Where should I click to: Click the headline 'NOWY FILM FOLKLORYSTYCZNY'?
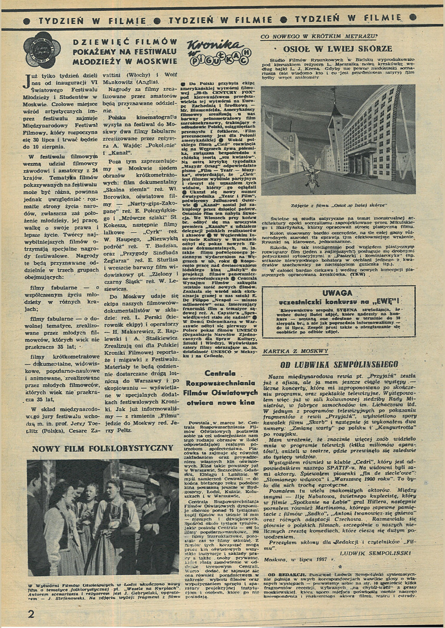coord(102,448)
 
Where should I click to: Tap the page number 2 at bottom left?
coord(31,613)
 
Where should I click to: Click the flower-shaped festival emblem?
coord(42,50)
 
